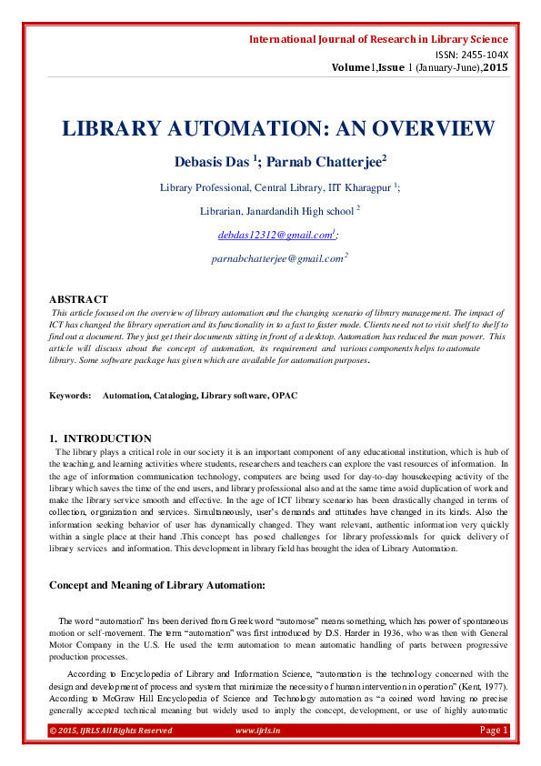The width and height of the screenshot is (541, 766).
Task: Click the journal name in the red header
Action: click(x=378, y=39)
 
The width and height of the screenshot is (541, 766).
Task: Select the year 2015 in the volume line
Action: click(x=496, y=67)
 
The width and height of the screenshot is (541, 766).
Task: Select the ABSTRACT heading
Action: click(x=78, y=298)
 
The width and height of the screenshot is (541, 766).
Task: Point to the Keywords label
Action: click(x=70, y=396)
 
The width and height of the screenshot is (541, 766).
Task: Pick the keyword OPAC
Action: click(x=284, y=396)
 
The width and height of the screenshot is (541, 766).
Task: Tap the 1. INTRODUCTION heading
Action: click(x=101, y=438)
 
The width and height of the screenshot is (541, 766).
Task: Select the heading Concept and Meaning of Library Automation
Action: click(x=156, y=584)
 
